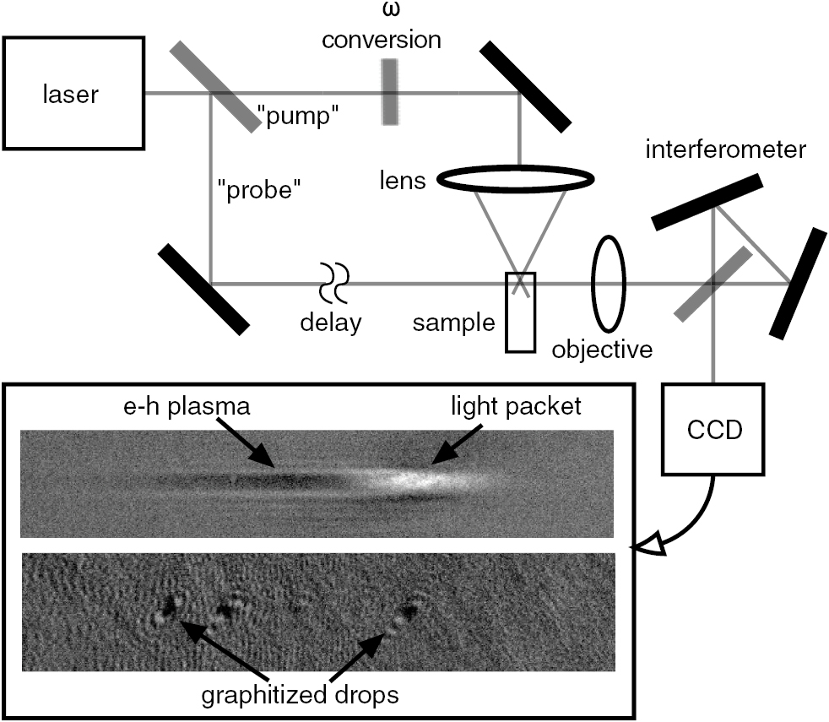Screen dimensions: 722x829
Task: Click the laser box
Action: [x=72, y=92]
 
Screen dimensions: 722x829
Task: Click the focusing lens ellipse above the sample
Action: [x=516, y=178]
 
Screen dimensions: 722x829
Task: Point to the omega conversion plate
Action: [x=389, y=92]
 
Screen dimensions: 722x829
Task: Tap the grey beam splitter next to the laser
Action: [x=214, y=87]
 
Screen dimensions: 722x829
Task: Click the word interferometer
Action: [x=723, y=150]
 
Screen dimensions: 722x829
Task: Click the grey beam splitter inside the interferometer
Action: [x=713, y=284]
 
